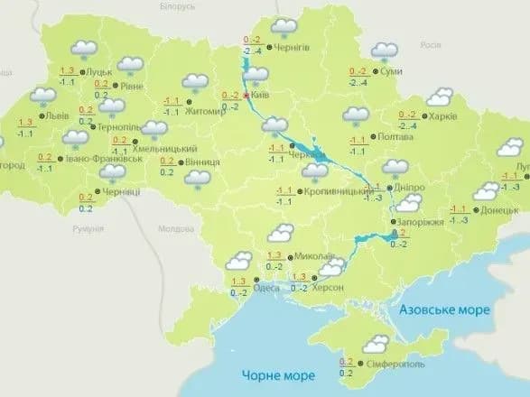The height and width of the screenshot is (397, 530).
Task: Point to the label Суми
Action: pyautogui.click(x=391, y=71)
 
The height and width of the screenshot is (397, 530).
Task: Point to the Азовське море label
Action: pyautogui.click(x=443, y=309)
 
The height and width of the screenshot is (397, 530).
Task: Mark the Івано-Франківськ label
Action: pyautogui.click(x=93, y=159)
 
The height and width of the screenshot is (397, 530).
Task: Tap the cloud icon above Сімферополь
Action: pyautogui.click(x=377, y=344)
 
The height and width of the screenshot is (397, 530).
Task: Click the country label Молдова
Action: pyautogui.click(x=179, y=231)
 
